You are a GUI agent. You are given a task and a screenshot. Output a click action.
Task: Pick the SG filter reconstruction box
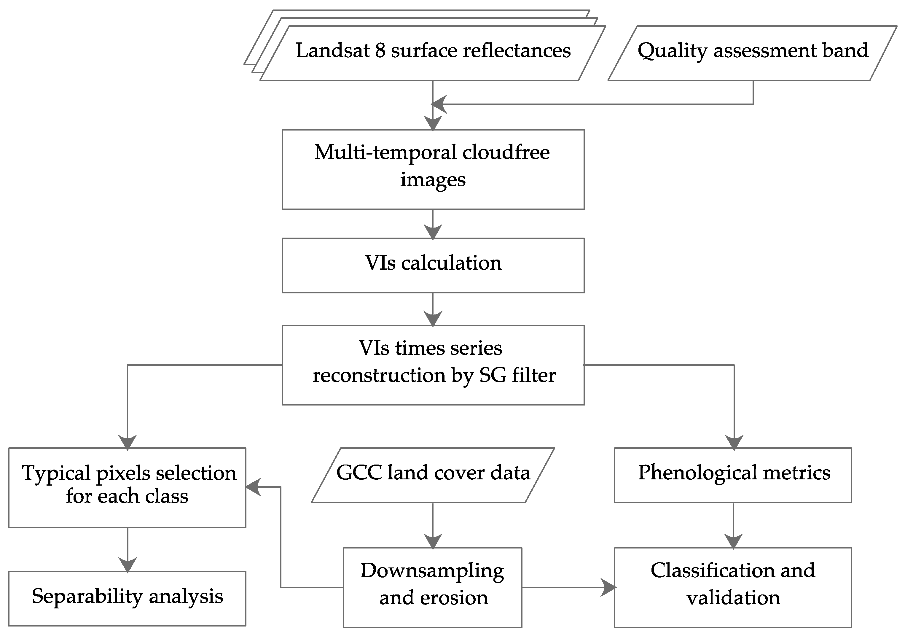pyautogui.click(x=433, y=365)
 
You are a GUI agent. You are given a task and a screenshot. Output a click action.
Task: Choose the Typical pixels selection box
pyautogui.click(x=127, y=487)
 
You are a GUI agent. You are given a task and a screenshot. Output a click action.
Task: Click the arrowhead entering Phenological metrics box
pyautogui.click(x=734, y=442)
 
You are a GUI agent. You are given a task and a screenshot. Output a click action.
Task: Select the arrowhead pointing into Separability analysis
pyautogui.click(x=127, y=565)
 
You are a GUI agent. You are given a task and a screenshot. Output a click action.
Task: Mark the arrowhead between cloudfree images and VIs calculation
pyautogui.click(x=433, y=231)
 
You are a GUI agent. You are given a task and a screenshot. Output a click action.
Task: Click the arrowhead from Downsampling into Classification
pyautogui.click(x=609, y=588)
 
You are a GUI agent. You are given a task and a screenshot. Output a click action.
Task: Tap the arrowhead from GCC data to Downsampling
pyautogui.click(x=433, y=541)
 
